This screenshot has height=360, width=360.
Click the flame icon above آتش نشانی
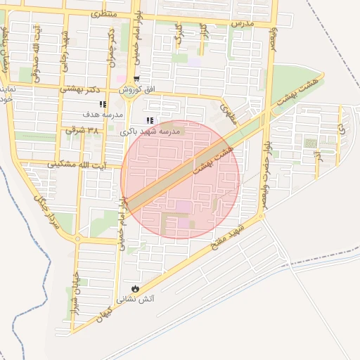135,289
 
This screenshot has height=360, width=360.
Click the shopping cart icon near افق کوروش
136,79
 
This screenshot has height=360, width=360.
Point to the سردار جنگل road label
43,207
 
